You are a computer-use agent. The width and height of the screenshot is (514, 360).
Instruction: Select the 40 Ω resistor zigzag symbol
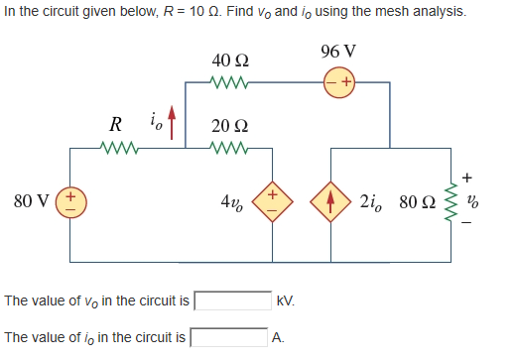click(229, 82)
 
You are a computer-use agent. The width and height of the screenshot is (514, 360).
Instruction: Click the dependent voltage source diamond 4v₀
click(270, 202)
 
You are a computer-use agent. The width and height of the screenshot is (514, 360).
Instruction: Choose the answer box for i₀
click(228, 337)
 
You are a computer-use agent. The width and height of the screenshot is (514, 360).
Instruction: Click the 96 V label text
click(339, 51)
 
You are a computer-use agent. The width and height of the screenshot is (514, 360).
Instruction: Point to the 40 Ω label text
click(229, 61)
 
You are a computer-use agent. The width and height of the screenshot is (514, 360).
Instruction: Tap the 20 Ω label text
click(229, 127)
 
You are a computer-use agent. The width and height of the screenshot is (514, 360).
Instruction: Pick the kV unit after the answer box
click(286, 300)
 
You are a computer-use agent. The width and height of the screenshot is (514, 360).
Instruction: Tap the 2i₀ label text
click(375, 202)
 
